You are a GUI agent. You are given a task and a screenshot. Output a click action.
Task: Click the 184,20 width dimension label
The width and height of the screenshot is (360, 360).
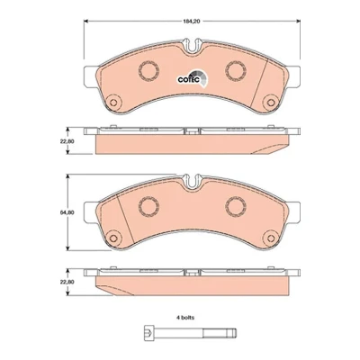(x=192, y=22)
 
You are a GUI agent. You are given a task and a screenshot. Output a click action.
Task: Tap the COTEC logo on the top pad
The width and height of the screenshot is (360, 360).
(x=192, y=78)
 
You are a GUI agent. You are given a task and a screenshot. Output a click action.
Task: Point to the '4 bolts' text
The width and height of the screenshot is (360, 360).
(x=184, y=318)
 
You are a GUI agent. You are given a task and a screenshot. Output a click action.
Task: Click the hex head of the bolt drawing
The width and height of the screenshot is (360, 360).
(x=149, y=332)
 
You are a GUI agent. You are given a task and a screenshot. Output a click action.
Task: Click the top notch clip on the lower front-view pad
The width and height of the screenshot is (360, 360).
(x=193, y=182)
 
